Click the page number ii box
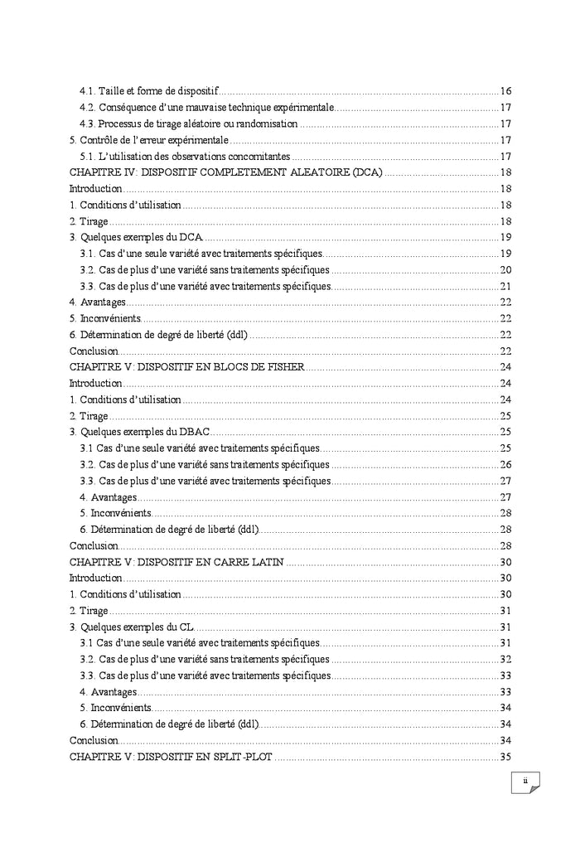[524, 782]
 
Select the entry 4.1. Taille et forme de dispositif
[149, 90]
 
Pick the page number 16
[505, 90]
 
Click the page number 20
[505, 269]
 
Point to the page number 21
[505, 286]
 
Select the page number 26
[505, 464]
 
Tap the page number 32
[505, 659]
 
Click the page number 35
[505, 756]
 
